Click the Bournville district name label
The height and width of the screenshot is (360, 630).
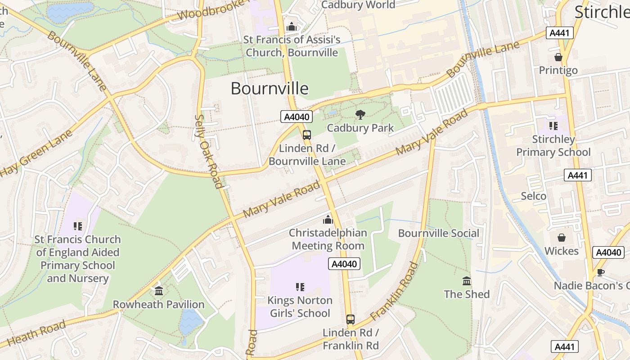pyautogui.click(x=270, y=88)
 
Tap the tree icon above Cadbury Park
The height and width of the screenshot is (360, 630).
pyautogui.click(x=360, y=115)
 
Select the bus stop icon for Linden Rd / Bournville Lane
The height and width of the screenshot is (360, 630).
pyautogui.click(x=307, y=135)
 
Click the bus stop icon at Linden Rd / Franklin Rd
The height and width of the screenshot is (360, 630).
pyautogui.click(x=351, y=319)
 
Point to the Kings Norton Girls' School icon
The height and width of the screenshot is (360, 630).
pyautogui.click(x=300, y=287)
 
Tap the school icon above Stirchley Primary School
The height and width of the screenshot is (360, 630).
pyautogui.click(x=553, y=126)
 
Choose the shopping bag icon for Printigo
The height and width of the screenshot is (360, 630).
pyautogui.click(x=558, y=57)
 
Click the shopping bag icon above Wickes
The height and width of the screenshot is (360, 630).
pyautogui.click(x=562, y=238)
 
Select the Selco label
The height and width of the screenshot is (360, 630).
pyautogui.click(x=534, y=196)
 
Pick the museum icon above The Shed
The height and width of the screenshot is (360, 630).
pyautogui.click(x=467, y=281)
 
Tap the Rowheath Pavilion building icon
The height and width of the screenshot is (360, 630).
pyautogui.click(x=158, y=291)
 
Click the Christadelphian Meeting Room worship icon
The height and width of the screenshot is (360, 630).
pyautogui.click(x=328, y=220)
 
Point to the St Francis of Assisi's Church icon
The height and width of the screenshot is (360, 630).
pyautogui.click(x=292, y=27)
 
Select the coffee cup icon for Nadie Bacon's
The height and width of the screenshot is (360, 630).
pyautogui.click(x=600, y=272)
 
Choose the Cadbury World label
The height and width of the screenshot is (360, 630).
pyautogui.click(x=358, y=5)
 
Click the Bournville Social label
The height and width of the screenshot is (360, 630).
pyautogui.click(x=439, y=233)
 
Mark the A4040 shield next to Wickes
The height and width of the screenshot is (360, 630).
pyautogui.click(x=608, y=252)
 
